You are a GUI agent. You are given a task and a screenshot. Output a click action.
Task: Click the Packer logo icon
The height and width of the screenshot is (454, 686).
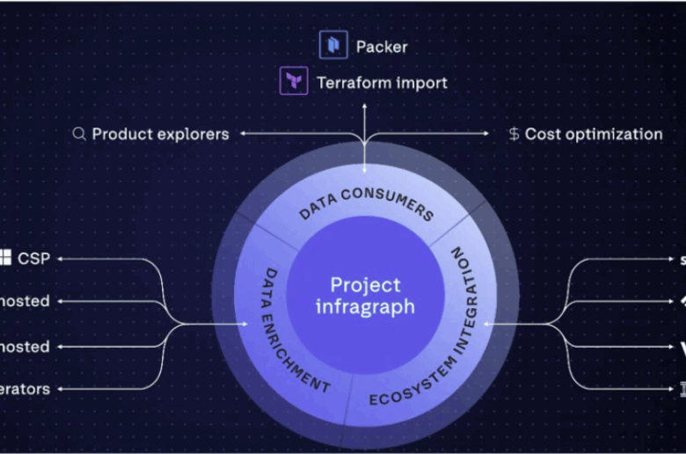pyautogui.click(x=333, y=45)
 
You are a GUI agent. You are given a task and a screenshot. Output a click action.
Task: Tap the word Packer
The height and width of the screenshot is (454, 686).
pyautogui.click(x=381, y=46)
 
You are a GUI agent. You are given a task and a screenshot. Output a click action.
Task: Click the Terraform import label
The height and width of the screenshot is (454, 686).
pyautogui.click(x=382, y=83)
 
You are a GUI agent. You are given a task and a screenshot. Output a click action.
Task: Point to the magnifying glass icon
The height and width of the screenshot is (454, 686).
pyautogui.click(x=79, y=134)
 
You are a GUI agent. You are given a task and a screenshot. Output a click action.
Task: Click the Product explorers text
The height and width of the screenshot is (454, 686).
pyautogui.click(x=160, y=134)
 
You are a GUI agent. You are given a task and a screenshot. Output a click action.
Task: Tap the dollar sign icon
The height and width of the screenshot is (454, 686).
pyautogui.click(x=514, y=135)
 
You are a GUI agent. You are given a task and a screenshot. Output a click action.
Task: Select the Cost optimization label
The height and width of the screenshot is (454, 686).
pyautogui.click(x=594, y=135)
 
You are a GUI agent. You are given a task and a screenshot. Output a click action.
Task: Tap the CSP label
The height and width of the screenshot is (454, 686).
pyautogui.click(x=34, y=259)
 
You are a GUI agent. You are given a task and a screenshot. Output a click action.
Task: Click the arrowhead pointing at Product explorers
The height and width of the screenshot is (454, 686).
pyautogui.click(x=242, y=134)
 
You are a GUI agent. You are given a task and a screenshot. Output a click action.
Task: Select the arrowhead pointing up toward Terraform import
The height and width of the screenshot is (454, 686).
pyautogui.click(x=364, y=105)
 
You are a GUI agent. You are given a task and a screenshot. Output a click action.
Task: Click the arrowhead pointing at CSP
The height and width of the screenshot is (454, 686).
pyautogui.click(x=62, y=259)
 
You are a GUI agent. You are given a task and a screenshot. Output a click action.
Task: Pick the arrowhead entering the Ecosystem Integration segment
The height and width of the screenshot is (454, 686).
pyautogui.click(x=486, y=324)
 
